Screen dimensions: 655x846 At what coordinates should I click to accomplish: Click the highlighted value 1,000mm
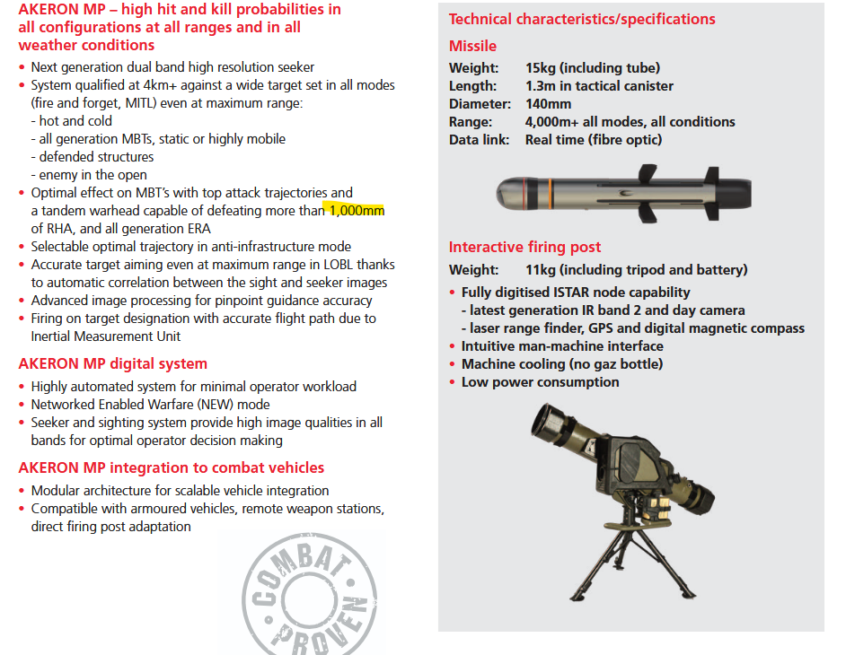357,211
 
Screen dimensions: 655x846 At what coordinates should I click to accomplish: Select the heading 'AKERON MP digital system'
113,363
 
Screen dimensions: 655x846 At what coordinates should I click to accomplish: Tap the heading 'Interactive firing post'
524,247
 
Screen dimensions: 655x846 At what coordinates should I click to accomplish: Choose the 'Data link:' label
480,139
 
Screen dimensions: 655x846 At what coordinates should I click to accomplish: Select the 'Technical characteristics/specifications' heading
582,19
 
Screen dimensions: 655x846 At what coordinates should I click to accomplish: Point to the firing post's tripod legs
628,561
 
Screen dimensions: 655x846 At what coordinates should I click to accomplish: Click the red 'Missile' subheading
472,46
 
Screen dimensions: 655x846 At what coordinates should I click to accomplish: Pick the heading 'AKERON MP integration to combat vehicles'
172,467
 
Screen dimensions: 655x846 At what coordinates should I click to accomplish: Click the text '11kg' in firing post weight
541,269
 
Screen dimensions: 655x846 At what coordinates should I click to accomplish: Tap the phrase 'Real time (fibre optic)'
594,139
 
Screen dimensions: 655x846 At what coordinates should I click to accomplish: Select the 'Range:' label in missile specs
471,121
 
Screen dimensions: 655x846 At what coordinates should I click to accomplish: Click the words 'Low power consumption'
540,381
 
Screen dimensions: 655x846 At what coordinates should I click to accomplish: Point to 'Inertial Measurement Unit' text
106,336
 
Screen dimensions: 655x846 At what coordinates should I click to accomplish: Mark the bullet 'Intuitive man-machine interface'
562,345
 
